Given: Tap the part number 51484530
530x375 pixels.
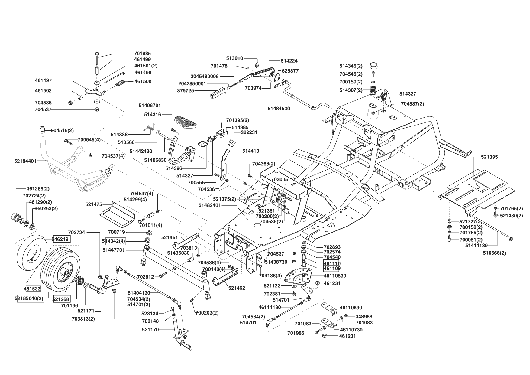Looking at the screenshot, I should point(279,108).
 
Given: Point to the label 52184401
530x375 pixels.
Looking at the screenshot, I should point(25,161).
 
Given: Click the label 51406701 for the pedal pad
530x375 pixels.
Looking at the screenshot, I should point(150,106).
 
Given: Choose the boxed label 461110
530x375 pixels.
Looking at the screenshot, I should point(332,263).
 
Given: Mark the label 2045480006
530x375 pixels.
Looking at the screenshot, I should point(204,77).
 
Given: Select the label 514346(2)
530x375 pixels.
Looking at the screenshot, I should point(351,66).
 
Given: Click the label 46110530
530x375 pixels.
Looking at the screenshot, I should point(335,276).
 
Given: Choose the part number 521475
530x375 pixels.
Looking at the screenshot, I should point(94,205).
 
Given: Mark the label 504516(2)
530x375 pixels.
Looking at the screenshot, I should point(62,130).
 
